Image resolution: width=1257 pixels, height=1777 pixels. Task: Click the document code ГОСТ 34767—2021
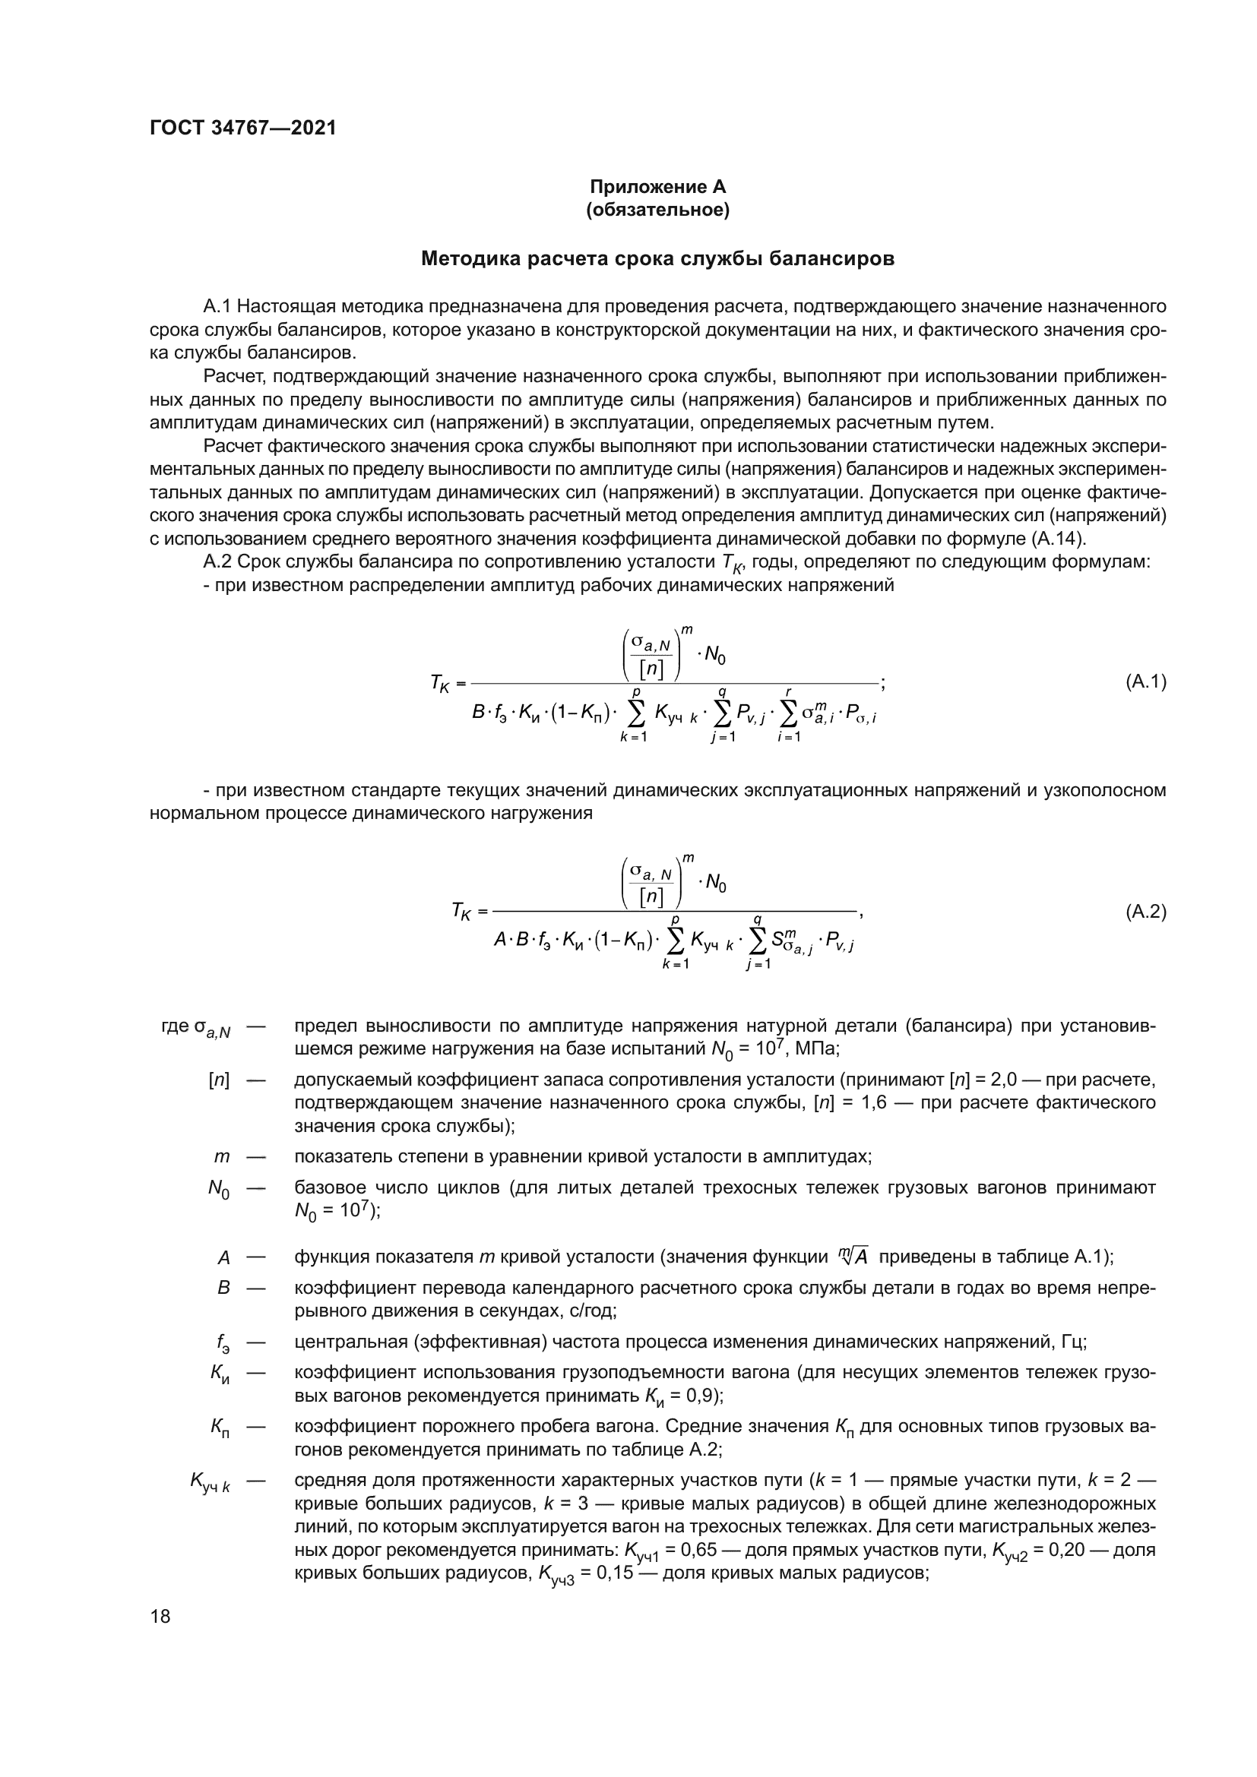243,128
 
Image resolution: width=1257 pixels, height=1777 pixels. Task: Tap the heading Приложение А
658,188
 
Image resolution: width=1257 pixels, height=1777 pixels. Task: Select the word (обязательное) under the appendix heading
658,210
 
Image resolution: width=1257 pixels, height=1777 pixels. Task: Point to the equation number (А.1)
1145,681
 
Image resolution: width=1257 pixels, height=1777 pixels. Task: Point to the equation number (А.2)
1145,912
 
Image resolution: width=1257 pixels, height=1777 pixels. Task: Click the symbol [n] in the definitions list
219,1080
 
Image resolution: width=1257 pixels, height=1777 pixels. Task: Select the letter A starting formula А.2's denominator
500,941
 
